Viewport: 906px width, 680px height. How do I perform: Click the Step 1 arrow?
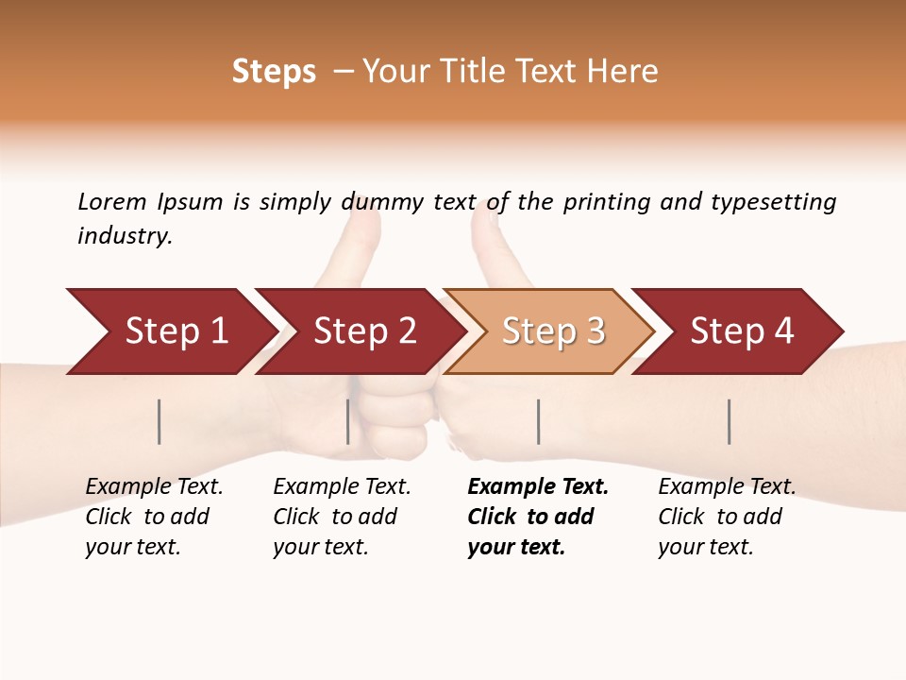click(x=175, y=331)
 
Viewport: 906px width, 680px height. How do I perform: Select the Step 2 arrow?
click(x=363, y=331)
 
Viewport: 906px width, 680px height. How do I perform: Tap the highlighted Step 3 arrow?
click(x=552, y=331)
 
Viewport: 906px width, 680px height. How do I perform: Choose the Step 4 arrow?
click(x=741, y=331)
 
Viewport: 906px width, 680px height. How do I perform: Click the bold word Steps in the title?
click(x=274, y=72)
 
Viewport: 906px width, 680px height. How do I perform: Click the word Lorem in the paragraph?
click(x=112, y=202)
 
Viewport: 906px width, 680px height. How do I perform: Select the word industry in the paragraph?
click(x=124, y=236)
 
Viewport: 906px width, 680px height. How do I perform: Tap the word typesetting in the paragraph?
click(x=773, y=202)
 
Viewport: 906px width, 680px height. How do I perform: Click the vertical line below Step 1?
click(x=159, y=421)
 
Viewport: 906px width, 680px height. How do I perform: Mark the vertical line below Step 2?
click(x=348, y=421)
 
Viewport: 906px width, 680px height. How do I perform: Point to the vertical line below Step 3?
click(x=539, y=421)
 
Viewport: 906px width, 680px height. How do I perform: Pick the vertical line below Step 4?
click(x=730, y=421)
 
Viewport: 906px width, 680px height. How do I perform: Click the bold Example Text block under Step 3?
click(x=538, y=517)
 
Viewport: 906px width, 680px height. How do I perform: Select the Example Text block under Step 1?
click(x=154, y=517)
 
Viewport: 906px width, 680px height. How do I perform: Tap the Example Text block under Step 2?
click(x=342, y=517)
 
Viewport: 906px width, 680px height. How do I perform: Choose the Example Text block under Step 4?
click(x=727, y=517)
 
